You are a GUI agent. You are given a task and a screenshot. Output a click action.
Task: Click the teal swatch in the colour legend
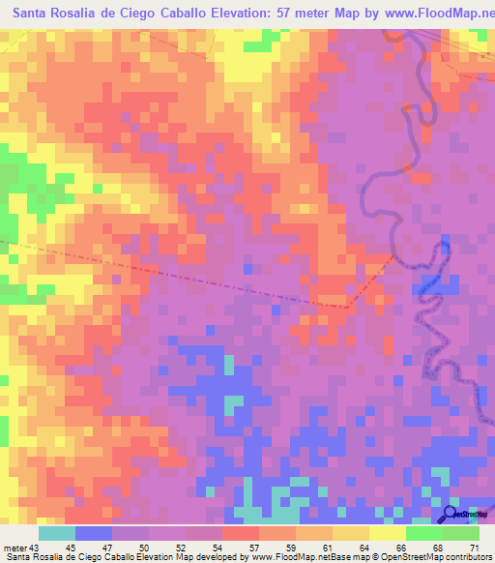pos(57,532)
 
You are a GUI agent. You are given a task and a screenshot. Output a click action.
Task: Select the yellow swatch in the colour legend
pos(388,532)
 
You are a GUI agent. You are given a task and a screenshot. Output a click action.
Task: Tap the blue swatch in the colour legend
pos(94,532)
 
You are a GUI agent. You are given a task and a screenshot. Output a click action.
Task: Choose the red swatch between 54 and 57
pos(241,532)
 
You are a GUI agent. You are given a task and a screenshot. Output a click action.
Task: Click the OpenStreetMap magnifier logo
pos(451,514)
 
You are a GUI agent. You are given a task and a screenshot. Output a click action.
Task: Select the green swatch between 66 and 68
pos(424,532)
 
